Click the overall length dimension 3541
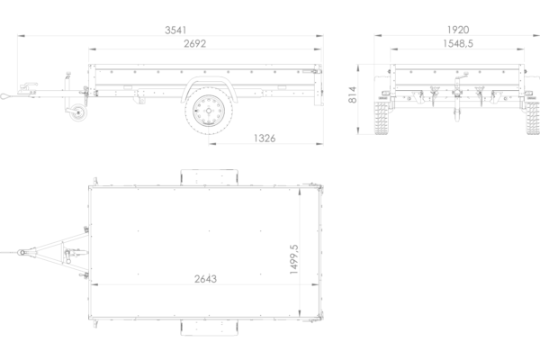175,31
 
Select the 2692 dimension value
195,44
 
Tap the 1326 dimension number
265,138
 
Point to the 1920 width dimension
458,30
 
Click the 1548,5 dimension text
458,44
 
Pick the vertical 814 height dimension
352,94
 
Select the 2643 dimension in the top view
205,279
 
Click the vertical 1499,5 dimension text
293,259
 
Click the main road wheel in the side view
209,111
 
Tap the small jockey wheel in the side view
78,112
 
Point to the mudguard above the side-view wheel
210,86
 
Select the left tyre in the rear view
382,118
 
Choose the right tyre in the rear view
533,118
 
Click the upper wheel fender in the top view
209,177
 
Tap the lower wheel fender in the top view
209,328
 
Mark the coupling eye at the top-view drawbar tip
22,253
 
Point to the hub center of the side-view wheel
209,111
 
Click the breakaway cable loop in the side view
6,96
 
